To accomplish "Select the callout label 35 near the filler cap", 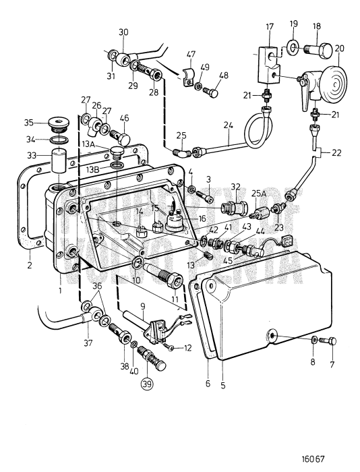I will [x=28, y=123].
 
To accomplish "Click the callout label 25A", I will [x=258, y=193].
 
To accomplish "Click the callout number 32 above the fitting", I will [x=235, y=186].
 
